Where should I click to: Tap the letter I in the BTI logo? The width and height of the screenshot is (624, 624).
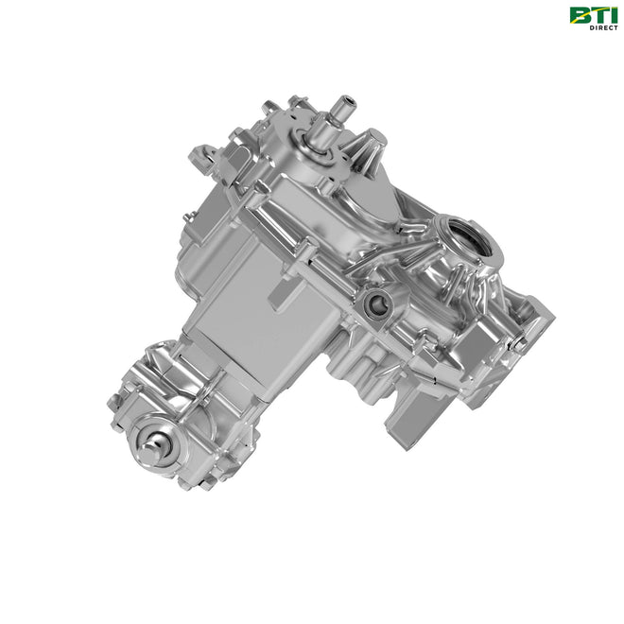612,15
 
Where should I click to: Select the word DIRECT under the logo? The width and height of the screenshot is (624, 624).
604,27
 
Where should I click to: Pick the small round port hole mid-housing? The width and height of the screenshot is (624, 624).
375,304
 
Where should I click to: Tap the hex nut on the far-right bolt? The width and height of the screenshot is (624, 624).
520,345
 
